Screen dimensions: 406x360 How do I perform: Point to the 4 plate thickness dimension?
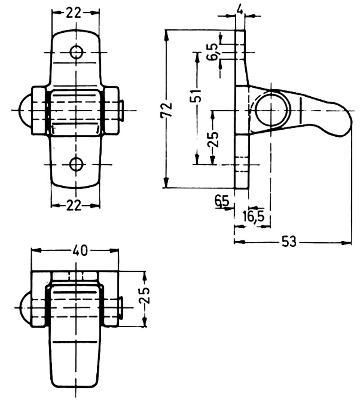coord(241,8)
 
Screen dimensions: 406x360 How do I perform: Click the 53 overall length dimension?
coord(289,242)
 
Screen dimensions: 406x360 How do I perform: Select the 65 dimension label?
coord(222,201)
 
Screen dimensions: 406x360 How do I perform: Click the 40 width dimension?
coord(80,251)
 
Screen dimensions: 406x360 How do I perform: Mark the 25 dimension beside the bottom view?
coord(145,298)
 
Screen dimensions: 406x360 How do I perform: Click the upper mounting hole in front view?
coord(76,53)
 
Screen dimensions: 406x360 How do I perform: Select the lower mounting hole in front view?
coord(76,164)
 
